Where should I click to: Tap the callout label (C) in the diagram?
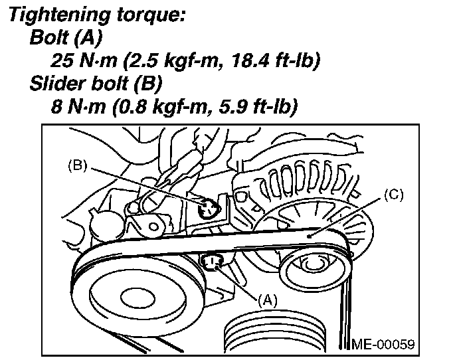[x=393, y=195]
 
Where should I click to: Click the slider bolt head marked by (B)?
[x=207, y=209]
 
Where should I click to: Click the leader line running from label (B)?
[x=146, y=186]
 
